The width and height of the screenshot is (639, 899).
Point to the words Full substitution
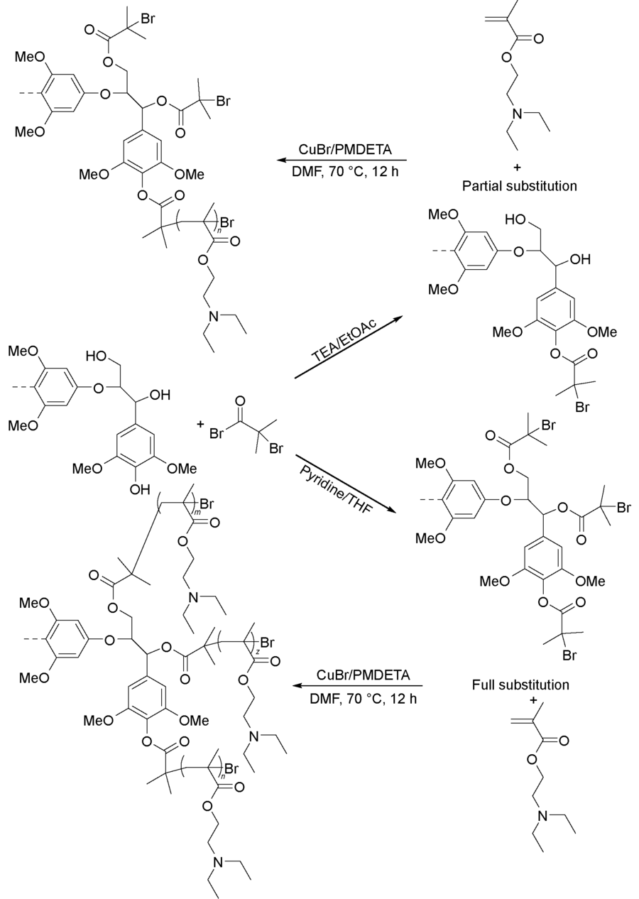[520, 685]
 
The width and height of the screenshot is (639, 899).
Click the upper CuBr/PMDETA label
[346, 150]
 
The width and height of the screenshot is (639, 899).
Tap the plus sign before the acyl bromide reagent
[201, 425]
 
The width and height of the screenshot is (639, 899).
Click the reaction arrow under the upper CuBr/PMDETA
[346, 160]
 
